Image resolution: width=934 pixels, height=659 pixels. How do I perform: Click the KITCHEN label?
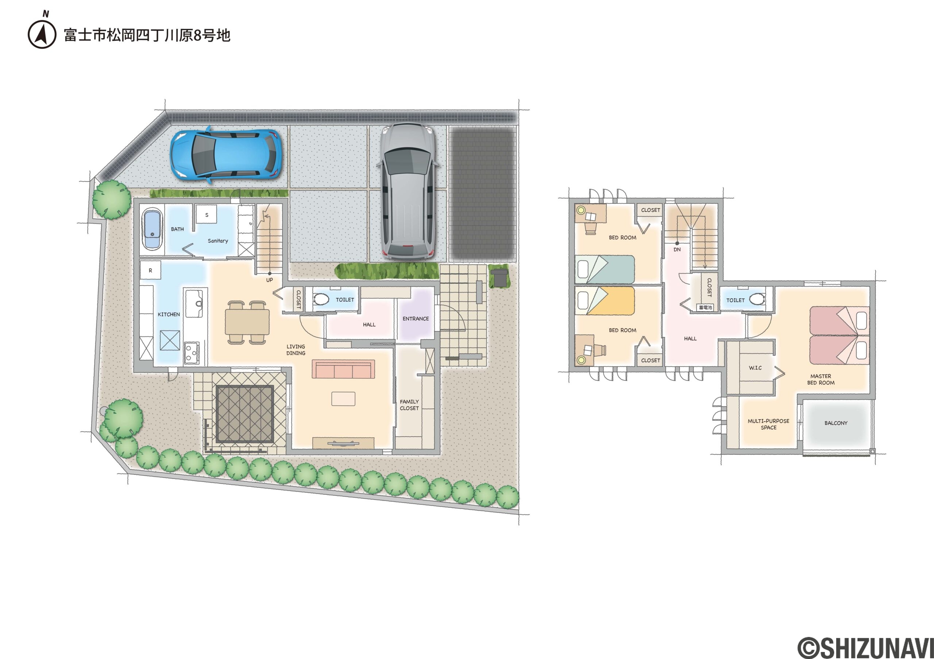169,314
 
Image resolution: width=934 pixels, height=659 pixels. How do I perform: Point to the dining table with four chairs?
247,322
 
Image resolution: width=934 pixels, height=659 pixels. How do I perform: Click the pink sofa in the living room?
343,369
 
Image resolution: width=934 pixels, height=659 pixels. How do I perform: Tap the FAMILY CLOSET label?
409,405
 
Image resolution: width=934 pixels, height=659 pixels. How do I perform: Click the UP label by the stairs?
269,280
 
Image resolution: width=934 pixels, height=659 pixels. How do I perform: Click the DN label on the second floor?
677,249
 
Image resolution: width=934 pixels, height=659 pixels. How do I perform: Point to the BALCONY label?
836,423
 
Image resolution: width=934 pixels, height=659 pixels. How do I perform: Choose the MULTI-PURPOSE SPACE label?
768,425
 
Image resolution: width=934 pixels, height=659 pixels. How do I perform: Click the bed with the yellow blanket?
605,301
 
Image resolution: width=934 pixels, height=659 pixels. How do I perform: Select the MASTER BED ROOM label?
821,380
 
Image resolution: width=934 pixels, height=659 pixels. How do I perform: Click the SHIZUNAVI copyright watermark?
866,648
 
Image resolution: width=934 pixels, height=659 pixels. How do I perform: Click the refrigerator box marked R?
151,270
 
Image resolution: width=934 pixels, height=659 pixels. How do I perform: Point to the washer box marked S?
207,215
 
